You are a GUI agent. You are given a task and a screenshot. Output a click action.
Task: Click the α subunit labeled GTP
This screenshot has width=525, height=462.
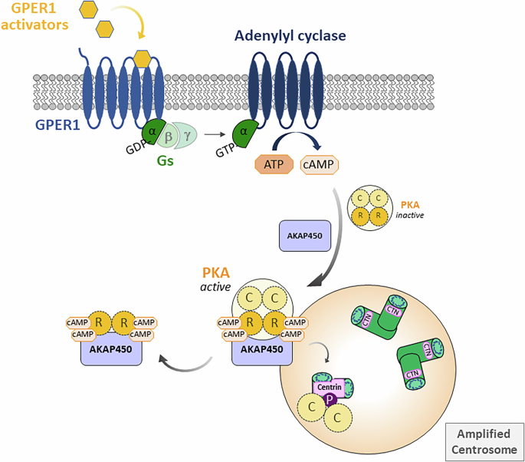tap(244, 132)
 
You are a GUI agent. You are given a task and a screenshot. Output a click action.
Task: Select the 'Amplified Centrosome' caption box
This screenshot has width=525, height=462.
tap(484, 441)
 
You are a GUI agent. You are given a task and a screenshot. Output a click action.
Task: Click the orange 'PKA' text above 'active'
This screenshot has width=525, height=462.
tap(215, 273)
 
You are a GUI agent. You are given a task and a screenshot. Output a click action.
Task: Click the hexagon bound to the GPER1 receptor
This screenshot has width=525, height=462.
tap(142, 58)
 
